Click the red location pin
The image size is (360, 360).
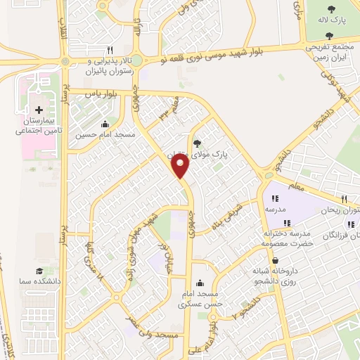pyautogui.click(x=181, y=165)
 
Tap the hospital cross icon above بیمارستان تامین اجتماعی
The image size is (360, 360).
pyautogui.click(x=39, y=110)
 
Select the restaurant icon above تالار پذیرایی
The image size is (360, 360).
pyautogui.click(x=110, y=50)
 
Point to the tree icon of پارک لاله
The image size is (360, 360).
pyautogui.click(x=332, y=8)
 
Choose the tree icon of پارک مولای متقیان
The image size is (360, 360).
pyautogui.click(x=207, y=139)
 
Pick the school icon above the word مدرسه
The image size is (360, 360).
pyautogui.click(x=275, y=199)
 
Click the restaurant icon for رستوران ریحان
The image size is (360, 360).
pyautogui.click(x=345, y=199)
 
